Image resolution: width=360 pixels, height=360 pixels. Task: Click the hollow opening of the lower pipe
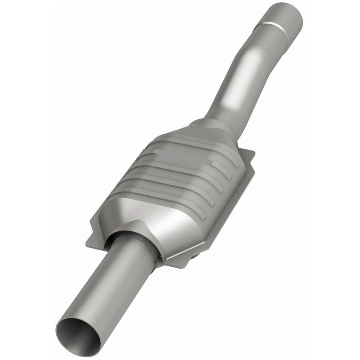point(77,331)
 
